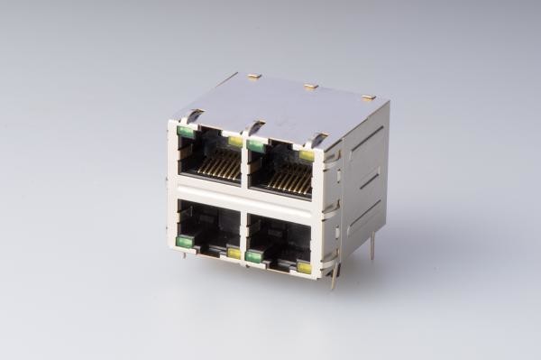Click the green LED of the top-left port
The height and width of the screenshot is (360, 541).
(186, 132)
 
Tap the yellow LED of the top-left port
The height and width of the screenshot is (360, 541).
(235, 141)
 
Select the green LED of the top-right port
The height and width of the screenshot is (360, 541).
(256, 145)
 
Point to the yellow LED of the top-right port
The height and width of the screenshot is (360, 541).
(307, 155)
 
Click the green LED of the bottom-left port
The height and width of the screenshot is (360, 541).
(185, 241)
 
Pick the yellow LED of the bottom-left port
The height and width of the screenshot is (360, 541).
(234, 254)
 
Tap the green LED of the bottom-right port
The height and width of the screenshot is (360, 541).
(254, 256)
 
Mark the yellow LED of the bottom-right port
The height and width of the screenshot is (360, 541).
(304, 268)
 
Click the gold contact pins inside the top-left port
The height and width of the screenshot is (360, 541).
(219, 164)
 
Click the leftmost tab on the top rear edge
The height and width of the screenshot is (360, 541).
(254, 78)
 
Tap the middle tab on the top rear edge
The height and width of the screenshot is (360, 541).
(311, 88)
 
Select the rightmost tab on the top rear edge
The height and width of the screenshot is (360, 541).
(368, 97)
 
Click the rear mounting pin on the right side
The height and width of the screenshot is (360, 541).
(371, 245)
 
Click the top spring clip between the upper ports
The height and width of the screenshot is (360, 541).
(255, 126)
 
